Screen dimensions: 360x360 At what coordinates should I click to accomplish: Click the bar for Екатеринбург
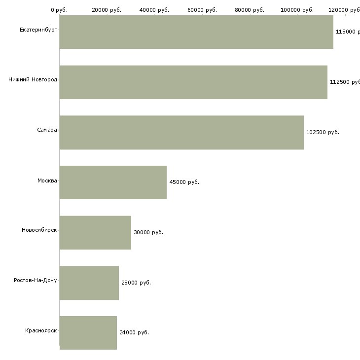pos(196,32)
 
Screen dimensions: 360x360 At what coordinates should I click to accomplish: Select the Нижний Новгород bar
pos(193,82)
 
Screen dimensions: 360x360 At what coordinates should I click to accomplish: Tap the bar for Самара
pos(181,133)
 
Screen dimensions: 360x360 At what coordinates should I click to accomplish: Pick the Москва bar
pos(113,182)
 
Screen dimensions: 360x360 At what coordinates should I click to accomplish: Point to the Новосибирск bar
pos(95,233)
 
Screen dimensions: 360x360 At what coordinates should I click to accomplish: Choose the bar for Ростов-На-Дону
pos(89,283)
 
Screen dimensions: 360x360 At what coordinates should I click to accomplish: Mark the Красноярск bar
pos(88,333)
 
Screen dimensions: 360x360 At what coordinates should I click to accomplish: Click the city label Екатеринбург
pos(38,30)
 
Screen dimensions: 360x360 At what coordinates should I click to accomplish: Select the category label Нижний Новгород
pos(33,79)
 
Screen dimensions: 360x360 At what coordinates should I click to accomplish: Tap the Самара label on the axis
pos(47,130)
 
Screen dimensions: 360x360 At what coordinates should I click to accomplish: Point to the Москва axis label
pos(47,180)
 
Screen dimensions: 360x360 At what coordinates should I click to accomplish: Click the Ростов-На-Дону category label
pos(36,280)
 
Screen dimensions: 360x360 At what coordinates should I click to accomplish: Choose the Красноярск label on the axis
pos(41,330)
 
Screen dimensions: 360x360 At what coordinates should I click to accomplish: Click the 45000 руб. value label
pos(184,182)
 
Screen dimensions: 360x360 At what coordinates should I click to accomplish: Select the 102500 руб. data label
pos(323,132)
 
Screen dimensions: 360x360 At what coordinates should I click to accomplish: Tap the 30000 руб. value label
pos(148,232)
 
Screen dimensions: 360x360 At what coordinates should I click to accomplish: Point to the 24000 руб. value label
pos(134,332)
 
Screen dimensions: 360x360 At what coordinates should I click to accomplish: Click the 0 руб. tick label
pos(59,10)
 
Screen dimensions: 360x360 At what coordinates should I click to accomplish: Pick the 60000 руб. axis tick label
pos(202,10)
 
